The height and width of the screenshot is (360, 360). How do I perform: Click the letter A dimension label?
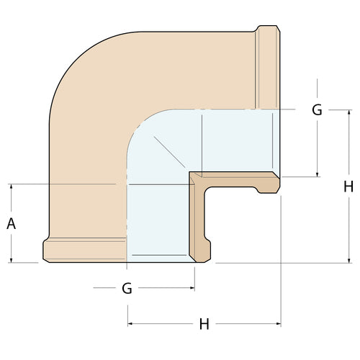coord(11,223)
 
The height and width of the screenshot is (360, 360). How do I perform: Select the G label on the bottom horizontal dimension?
coord(127,289)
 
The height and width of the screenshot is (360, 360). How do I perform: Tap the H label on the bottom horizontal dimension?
coord(204,325)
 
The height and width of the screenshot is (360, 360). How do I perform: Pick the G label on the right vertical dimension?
coord(317,110)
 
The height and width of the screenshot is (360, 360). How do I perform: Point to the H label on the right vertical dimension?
coord(348,186)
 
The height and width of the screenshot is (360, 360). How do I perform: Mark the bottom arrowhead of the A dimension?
coord(11,261)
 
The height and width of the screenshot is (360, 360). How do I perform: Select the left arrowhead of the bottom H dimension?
coord(130,324)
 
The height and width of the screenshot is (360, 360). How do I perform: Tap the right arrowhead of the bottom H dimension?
coord(278,324)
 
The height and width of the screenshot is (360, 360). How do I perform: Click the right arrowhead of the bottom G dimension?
coord(192,288)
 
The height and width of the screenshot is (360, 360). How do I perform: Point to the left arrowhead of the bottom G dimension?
coord(96,288)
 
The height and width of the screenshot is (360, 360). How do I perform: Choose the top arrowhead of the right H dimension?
coord(349,112)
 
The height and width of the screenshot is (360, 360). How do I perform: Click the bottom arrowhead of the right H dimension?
coord(349,260)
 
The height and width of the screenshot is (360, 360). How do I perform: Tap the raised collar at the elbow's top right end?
coord(268,67)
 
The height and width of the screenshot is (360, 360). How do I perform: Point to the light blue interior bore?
coord(158,216)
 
